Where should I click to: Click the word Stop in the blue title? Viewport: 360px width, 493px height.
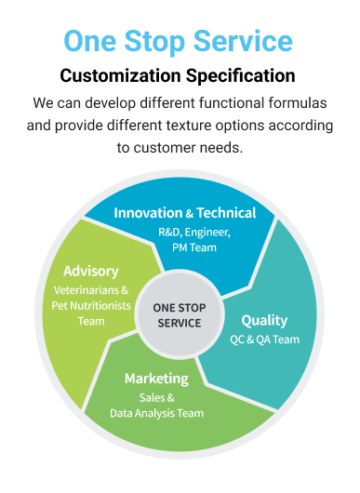pyautogui.click(x=154, y=42)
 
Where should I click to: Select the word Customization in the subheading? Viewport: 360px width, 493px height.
pyautogui.click(x=120, y=75)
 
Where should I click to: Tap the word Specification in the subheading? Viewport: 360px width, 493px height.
pyautogui.click(x=240, y=76)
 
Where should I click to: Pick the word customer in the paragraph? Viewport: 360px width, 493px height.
pyautogui.click(x=166, y=148)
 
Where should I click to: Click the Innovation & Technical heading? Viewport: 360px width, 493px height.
pyautogui.click(x=185, y=213)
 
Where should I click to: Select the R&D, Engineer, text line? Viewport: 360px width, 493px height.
pyautogui.click(x=194, y=233)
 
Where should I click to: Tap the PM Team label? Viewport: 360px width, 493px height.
pyautogui.click(x=194, y=247)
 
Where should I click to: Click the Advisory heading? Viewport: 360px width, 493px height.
pyautogui.click(x=91, y=272)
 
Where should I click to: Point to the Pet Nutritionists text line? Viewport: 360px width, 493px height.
pyautogui.click(x=91, y=306)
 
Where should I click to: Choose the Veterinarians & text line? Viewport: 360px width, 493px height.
pyautogui.click(x=91, y=290)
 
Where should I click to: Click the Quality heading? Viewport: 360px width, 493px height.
pyautogui.click(x=264, y=321)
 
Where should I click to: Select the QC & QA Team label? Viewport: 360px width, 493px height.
pyautogui.click(x=264, y=340)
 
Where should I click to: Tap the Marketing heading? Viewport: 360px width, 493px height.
pyautogui.click(x=156, y=379)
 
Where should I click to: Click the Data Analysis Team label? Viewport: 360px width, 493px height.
pyautogui.click(x=156, y=413)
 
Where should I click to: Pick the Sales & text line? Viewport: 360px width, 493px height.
pyautogui.click(x=156, y=398)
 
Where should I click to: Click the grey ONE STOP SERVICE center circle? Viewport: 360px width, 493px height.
pyautogui.click(x=180, y=314)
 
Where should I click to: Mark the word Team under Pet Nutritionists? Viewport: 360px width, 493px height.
pyautogui.click(x=91, y=321)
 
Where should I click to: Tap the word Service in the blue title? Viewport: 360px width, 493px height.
pyautogui.click(x=243, y=41)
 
